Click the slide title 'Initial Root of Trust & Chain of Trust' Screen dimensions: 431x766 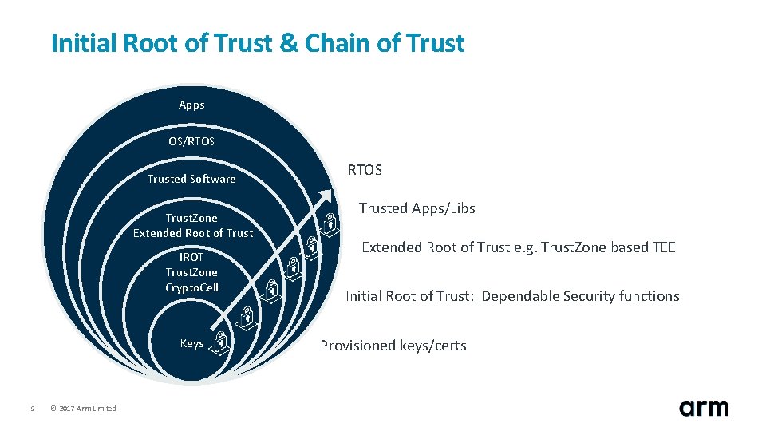coord(257,43)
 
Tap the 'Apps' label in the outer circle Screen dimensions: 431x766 coord(191,105)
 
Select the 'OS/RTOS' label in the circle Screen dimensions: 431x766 coord(191,141)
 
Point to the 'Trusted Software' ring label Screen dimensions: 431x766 coord(191,179)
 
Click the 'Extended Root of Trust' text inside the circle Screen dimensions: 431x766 coord(193,233)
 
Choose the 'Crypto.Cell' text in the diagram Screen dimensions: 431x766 coord(191,287)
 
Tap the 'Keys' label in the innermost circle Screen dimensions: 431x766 coord(191,343)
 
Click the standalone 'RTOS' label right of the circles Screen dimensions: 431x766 coord(365,170)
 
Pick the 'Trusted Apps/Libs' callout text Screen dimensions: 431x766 coord(417,208)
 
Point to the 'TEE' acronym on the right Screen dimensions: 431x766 coord(663,247)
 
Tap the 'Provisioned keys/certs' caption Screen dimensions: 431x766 coord(393,346)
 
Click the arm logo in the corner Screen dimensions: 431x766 coord(704,408)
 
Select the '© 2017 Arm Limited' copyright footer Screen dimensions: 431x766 coord(82,409)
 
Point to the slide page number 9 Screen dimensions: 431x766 coord(32,409)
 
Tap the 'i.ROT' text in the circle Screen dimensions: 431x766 coord(191,257)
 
